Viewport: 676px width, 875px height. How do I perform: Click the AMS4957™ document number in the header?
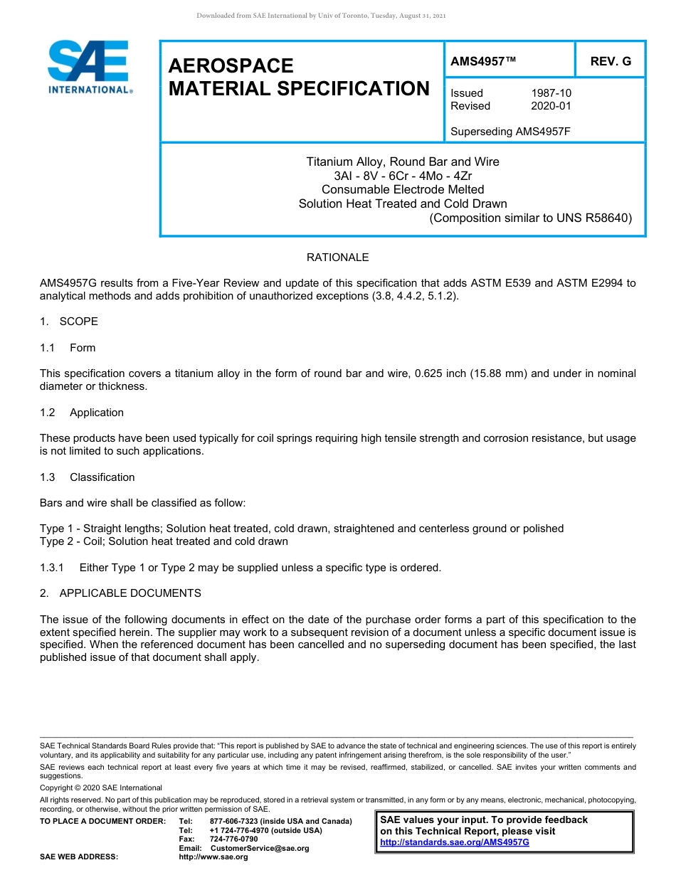pos(483,62)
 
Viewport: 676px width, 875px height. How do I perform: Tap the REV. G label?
pos(611,62)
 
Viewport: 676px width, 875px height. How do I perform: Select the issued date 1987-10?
pos(551,93)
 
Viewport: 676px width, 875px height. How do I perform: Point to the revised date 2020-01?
pos(551,106)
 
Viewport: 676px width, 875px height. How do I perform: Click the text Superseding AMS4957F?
pos(511,132)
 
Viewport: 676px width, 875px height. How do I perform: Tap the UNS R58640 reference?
pos(596,218)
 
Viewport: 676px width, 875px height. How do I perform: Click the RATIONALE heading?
pos(337,258)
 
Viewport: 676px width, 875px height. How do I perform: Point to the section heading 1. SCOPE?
pos(69,322)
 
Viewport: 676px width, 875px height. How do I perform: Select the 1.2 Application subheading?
pos(82,413)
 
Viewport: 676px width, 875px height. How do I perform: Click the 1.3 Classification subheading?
pos(88,477)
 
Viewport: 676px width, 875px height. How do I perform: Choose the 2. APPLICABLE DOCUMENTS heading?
pos(120,593)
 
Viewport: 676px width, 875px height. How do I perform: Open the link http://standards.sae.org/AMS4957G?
pos(455,842)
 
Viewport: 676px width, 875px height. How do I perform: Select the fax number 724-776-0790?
pos(234,839)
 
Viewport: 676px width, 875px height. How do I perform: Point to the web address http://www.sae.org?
pos(213,857)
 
